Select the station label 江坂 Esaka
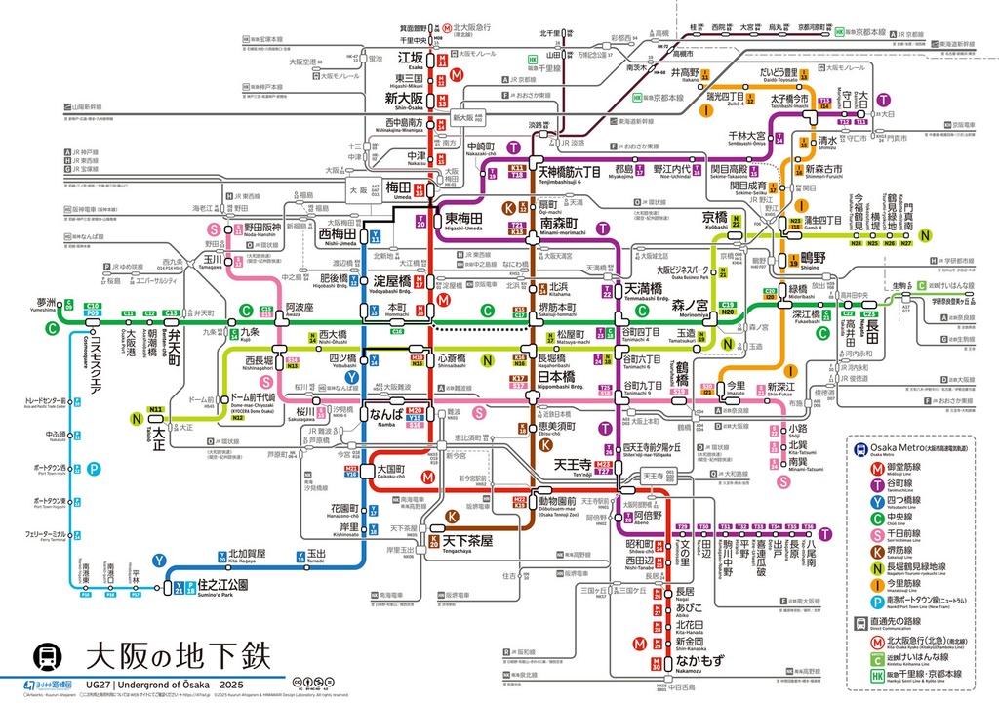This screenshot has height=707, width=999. click(410, 58)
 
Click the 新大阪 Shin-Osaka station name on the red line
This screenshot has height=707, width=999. click(402, 99)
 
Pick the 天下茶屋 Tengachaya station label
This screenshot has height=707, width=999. click(467, 540)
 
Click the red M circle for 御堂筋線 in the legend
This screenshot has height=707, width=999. click(862, 468)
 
